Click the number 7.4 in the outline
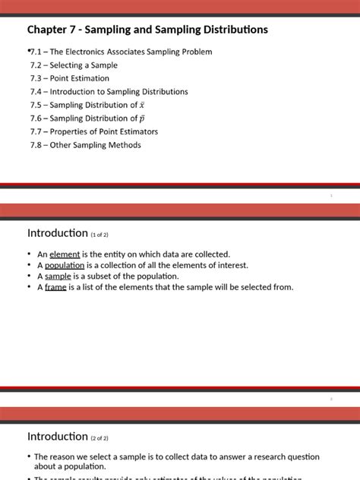(x=36, y=92)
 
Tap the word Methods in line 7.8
(x=125, y=145)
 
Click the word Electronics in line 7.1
(x=93, y=52)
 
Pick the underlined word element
(x=64, y=254)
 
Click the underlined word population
(x=64, y=265)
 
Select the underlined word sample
(x=58, y=276)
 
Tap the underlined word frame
(x=56, y=287)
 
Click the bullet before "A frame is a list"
(x=29, y=287)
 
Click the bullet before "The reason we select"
(x=29, y=457)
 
